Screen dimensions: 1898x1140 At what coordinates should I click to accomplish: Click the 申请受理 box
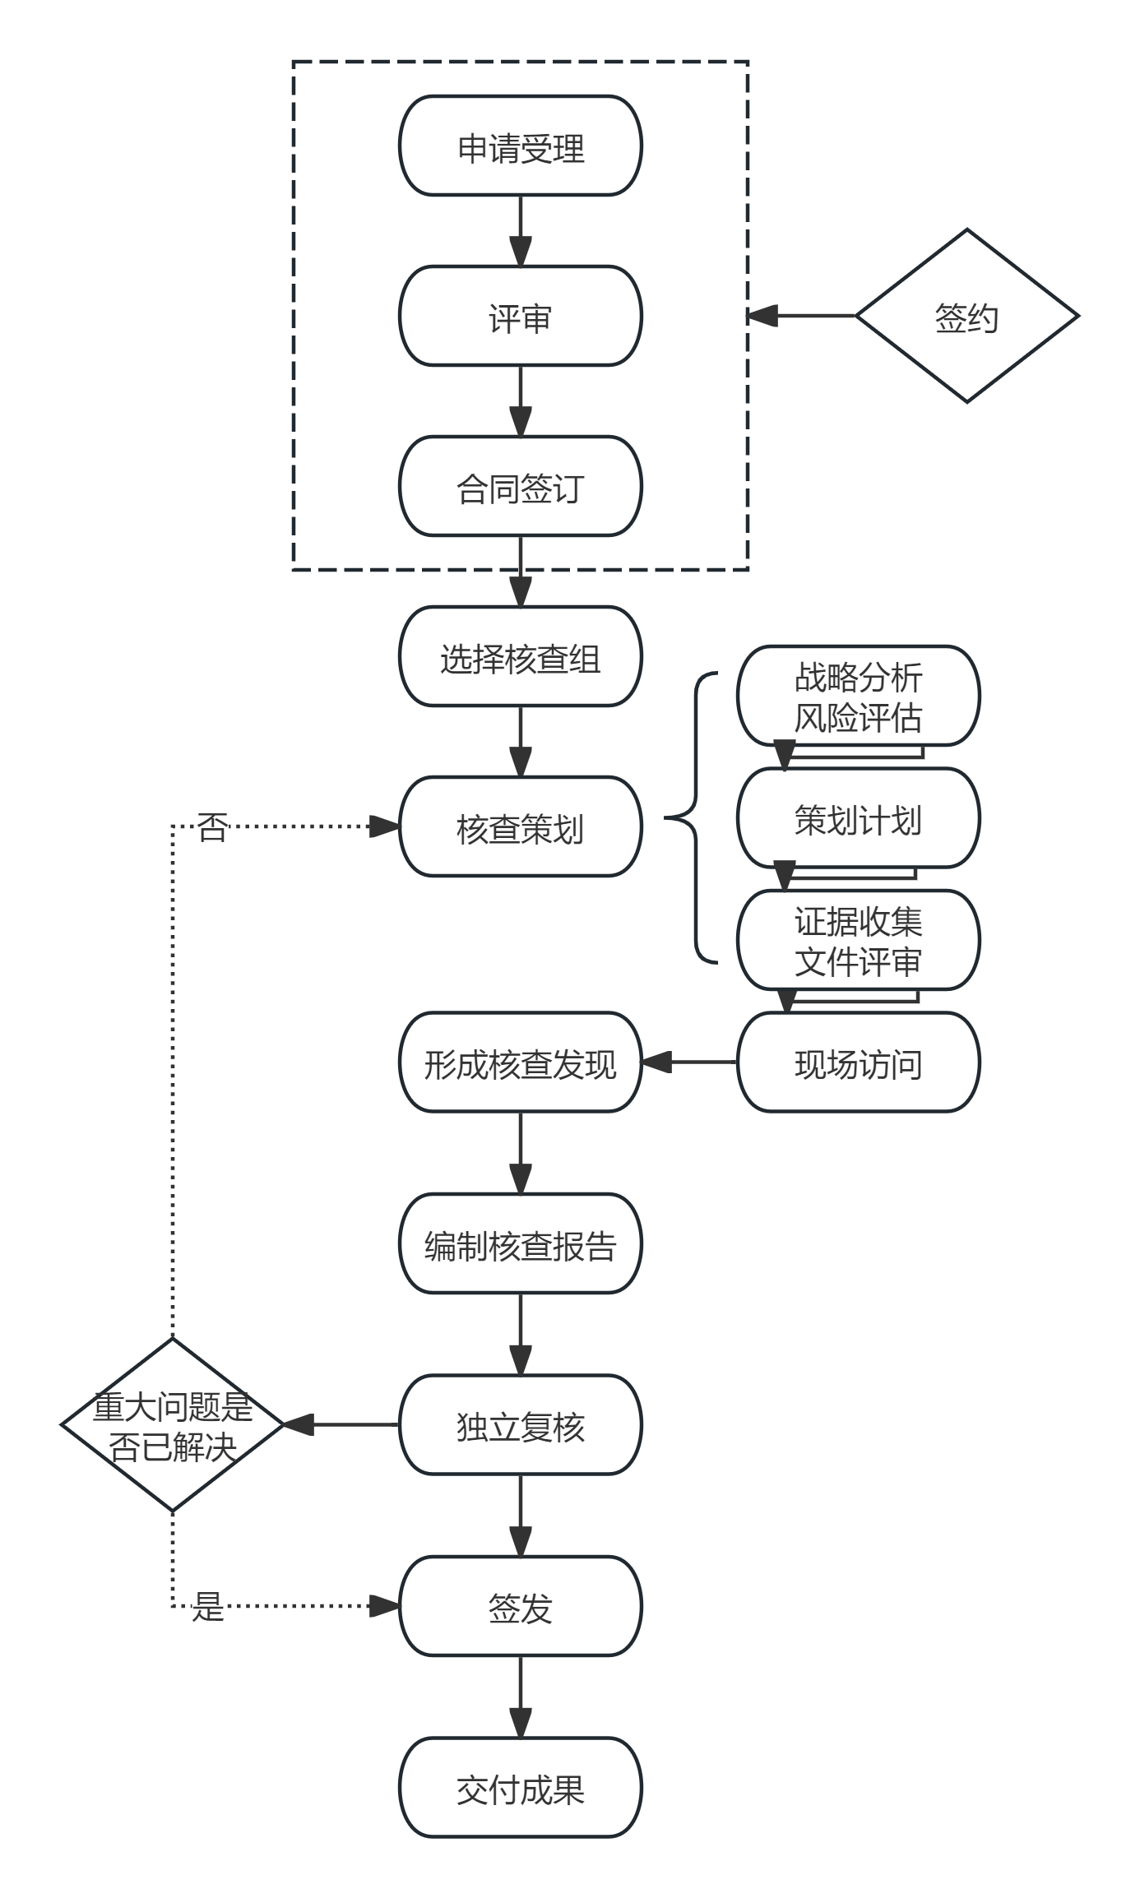(x=520, y=146)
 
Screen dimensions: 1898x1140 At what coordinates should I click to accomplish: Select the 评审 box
(x=520, y=316)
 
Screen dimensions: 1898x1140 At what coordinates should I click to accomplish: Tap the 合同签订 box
(x=520, y=486)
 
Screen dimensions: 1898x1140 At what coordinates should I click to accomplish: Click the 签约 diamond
(x=966, y=316)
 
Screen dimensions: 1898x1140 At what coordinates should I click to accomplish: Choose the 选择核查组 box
(x=520, y=656)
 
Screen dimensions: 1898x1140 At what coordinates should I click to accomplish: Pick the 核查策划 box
(x=520, y=826)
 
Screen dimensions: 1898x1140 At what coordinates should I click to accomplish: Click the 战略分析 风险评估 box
(x=858, y=696)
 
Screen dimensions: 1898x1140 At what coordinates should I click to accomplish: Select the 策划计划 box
(x=858, y=818)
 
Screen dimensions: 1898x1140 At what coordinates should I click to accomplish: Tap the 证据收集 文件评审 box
(x=858, y=940)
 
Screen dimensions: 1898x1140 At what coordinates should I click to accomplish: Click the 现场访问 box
(x=858, y=1062)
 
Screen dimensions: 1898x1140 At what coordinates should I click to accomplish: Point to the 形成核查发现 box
(x=520, y=1062)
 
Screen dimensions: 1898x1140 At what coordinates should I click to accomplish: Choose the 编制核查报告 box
(x=520, y=1243)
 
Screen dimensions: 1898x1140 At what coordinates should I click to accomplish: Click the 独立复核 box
(x=520, y=1424)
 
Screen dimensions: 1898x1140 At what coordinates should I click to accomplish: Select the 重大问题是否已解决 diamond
(x=173, y=1424)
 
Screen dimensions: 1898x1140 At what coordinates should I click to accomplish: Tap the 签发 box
(x=520, y=1605)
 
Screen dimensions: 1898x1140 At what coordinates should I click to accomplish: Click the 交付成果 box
(x=520, y=1787)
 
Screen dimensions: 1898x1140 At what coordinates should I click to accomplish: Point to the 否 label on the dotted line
(x=212, y=826)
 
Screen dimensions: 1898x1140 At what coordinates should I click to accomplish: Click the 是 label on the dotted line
(x=207, y=1605)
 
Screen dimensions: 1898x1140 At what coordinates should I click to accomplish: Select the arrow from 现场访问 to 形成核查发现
(x=689, y=1062)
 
